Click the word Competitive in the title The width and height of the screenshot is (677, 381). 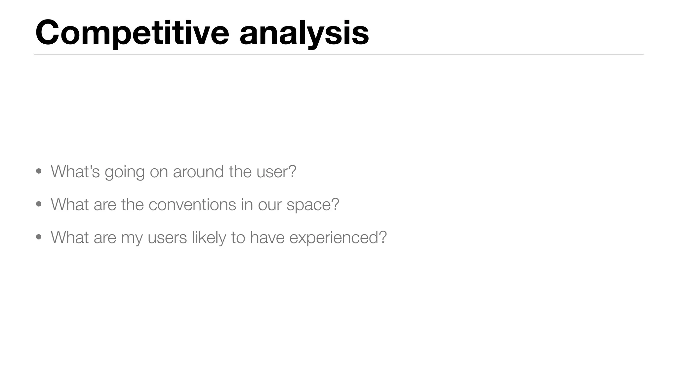coord(132,33)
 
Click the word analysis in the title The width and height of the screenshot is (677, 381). coord(304,33)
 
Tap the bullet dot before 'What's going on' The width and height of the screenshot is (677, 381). coord(39,171)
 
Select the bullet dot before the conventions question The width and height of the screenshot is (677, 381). coord(39,204)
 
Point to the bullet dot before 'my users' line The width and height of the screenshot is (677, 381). coord(39,237)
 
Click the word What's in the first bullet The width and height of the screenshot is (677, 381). coord(75,171)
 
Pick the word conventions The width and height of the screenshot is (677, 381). coord(192,204)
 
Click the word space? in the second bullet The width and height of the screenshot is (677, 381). coord(313,205)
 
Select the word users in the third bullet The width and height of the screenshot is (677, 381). coord(167,237)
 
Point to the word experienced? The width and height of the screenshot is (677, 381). coord(338,237)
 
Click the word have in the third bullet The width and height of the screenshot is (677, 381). coord(267,237)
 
